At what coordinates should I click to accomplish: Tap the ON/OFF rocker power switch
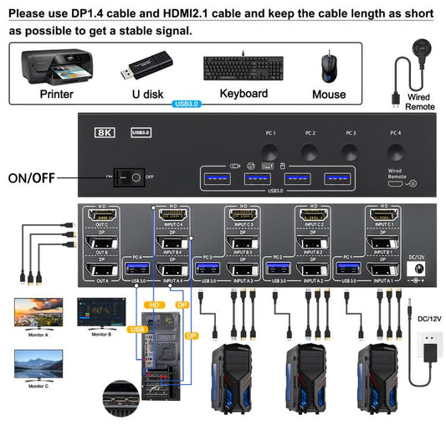tap(128, 177)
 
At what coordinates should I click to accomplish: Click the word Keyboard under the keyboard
tap(244, 94)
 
